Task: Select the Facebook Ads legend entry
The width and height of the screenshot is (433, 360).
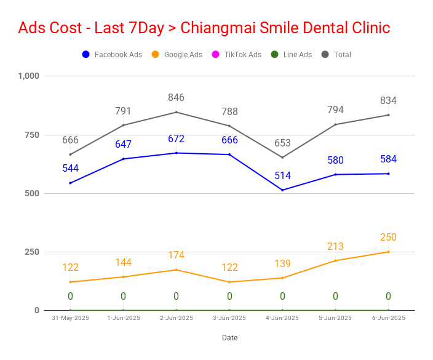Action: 112,54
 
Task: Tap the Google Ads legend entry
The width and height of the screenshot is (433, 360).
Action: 177,54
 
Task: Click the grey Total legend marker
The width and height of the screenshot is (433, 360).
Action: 325,54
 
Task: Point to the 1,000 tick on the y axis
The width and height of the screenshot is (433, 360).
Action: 29,76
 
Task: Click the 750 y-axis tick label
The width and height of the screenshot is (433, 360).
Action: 32,135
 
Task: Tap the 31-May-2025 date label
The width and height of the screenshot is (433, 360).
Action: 70,318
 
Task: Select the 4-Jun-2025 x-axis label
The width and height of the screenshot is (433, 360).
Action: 282,318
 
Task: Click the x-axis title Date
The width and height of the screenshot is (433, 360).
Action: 230,338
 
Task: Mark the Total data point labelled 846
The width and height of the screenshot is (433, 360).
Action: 177,112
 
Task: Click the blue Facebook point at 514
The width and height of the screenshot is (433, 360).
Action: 282,190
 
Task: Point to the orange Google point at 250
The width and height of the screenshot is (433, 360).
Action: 388,252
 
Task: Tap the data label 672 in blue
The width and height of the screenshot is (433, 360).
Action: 176,138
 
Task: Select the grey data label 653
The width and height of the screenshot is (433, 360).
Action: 282,143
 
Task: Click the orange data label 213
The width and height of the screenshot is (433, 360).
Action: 335,246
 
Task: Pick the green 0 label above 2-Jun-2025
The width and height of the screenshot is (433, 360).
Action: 176,297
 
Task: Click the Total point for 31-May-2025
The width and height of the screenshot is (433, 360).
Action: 70,154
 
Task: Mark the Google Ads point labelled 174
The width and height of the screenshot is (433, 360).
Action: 177,270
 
